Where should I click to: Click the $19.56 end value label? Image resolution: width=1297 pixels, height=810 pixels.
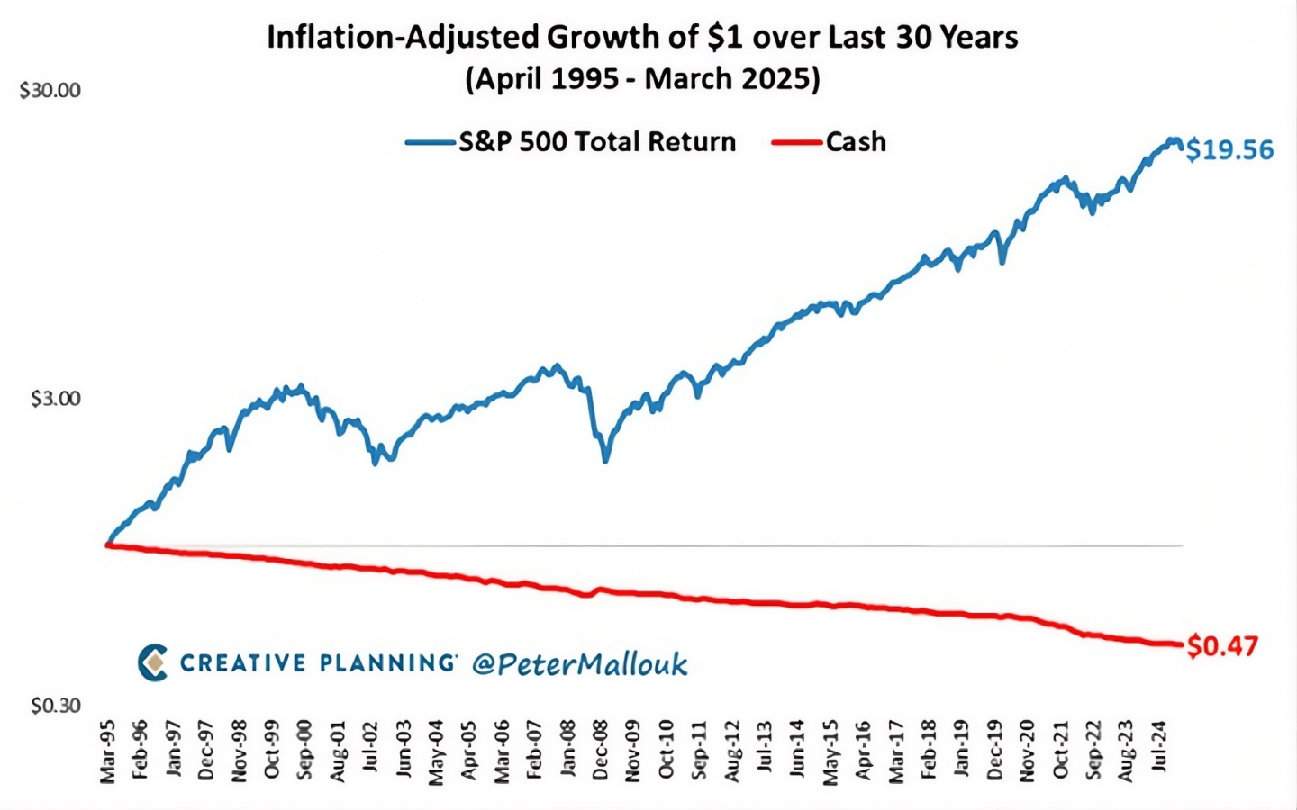point(1229,149)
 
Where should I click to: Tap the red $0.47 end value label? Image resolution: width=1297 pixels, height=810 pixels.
point(1222,646)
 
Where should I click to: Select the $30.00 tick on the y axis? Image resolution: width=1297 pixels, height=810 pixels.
point(50,91)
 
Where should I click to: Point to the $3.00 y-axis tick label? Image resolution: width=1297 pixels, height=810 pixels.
point(56,399)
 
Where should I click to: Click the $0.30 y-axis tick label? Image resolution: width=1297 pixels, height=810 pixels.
point(56,706)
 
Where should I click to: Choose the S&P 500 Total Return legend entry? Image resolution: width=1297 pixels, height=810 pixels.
point(570,142)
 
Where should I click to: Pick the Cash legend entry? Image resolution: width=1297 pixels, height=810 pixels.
point(830,142)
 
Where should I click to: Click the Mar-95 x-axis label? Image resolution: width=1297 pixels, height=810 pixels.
point(108,752)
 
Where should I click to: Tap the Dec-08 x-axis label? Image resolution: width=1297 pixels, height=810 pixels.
point(601,751)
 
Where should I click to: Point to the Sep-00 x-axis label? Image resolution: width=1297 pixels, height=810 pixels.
point(304,751)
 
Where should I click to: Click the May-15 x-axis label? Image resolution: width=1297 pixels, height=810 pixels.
point(830,752)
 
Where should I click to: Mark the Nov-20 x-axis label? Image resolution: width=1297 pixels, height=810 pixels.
point(1027,751)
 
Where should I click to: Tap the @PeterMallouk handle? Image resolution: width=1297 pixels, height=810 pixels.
point(580,663)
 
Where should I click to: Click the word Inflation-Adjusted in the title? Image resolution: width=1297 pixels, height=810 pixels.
point(403,38)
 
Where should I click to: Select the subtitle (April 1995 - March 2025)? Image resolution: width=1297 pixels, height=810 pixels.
point(643,79)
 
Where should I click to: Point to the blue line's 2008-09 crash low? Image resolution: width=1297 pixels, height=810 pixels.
point(605,461)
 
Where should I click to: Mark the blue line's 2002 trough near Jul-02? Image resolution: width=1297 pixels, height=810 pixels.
point(376,463)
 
